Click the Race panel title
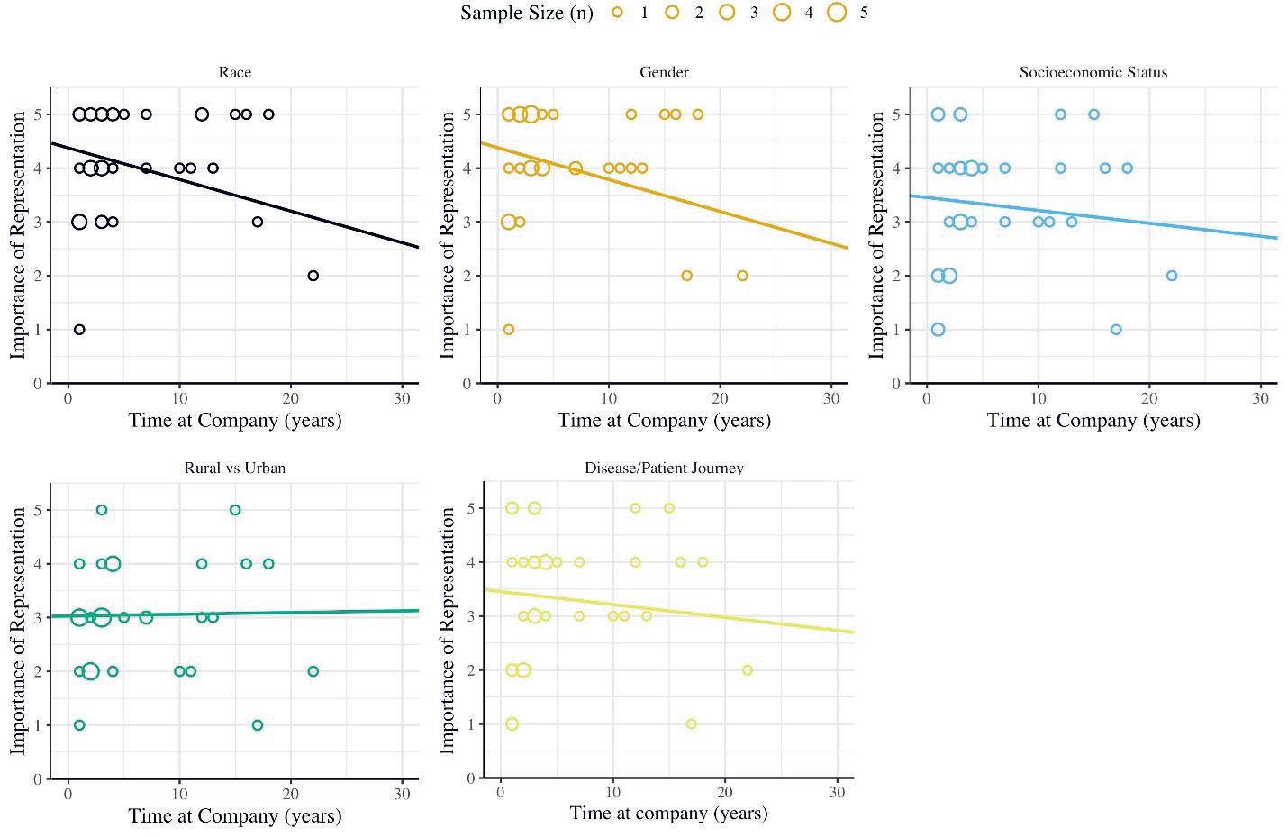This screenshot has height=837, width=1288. point(234,72)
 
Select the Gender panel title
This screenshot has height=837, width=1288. point(664,72)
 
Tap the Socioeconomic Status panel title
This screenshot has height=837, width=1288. point(1093,72)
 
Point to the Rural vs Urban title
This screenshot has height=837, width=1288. point(234,468)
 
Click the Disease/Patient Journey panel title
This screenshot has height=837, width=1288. point(664,468)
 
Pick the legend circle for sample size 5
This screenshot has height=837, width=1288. point(837,13)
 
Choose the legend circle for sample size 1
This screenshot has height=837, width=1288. point(617,13)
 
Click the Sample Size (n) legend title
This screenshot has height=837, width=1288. point(527,13)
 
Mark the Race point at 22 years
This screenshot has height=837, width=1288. point(313,276)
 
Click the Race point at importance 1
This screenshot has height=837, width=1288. point(79,330)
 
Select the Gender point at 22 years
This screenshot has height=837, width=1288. point(742,276)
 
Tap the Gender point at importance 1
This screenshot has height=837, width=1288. point(509,330)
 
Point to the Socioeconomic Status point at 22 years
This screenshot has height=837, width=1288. point(1172,276)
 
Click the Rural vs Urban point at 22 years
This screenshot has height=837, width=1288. point(313,671)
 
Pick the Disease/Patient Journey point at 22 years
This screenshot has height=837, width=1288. point(747,670)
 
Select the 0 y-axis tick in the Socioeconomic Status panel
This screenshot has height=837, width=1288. point(896,384)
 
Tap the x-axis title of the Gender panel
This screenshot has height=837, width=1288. point(664,420)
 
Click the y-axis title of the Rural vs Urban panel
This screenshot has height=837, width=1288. point(19,631)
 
